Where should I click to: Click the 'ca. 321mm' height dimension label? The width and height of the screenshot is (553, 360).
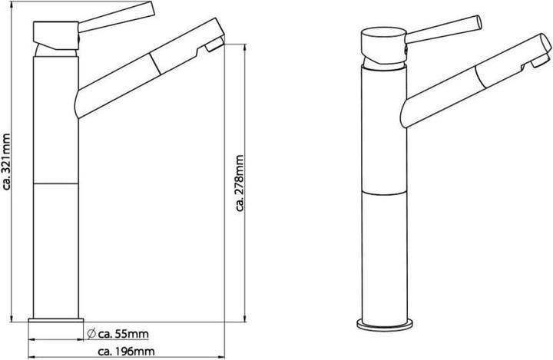(6, 161)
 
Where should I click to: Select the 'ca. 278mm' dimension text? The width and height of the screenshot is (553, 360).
(240, 183)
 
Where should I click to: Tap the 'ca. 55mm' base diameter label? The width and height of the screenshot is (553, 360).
(123, 334)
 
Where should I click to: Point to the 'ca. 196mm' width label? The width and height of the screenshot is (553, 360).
(126, 352)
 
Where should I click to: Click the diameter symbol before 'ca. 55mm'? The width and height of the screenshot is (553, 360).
(91, 333)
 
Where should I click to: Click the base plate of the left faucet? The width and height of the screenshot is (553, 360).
(56, 320)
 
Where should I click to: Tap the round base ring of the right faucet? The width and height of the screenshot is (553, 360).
(385, 325)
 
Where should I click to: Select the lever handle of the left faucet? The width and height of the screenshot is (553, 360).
(117, 17)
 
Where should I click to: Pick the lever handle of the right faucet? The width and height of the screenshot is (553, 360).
(444, 30)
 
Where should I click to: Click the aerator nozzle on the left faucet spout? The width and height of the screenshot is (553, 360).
(214, 45)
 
